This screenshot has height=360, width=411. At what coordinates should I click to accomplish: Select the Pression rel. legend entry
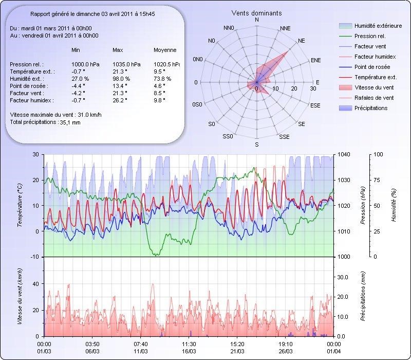click(370, 36)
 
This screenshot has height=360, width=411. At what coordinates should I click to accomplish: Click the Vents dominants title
click(256, 13)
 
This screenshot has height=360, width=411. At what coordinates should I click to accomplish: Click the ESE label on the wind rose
click(316, 105)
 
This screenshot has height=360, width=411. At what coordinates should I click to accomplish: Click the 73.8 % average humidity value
click(162, 79)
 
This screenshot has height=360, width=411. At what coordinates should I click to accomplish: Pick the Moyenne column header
click(165, 50)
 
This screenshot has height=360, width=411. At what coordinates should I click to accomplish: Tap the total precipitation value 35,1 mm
click(70, 122)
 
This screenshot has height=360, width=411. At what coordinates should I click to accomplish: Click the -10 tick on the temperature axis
click(35, 257)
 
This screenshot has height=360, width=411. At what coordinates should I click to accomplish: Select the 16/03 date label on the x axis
click(189, 351)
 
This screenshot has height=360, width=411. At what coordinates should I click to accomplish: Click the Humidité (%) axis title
click(394, 206)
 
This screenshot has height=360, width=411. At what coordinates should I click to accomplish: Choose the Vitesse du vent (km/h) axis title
click(20, 296)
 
